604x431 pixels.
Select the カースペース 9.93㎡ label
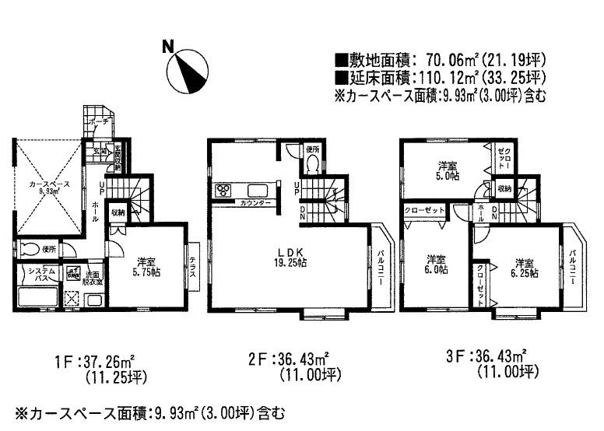pos(47,187)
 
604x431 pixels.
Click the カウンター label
pos(256,203)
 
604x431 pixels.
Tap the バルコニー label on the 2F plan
pos(381,266)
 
